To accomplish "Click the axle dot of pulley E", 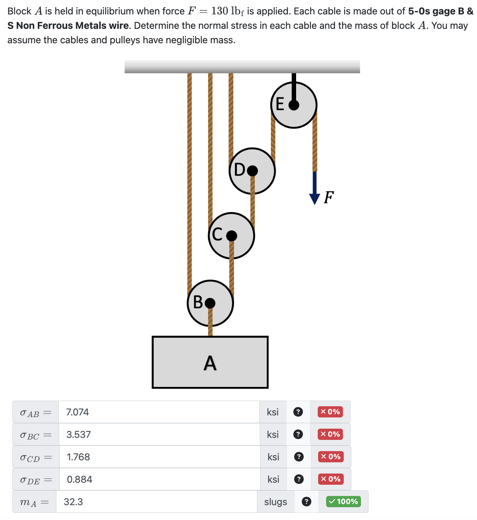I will coord(294,105).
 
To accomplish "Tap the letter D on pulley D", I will coord(240,170).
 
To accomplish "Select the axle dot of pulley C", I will coord(231,236).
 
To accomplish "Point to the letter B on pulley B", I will coord(198,302).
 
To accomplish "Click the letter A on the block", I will coord(210,363).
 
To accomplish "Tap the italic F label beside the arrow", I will coord(329,198).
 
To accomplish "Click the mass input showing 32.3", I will coord(156,502).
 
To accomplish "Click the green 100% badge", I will coord(343,502).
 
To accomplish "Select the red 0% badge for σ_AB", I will coord(330,412).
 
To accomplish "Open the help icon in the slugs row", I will coord(307,502).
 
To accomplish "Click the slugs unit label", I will coord(276,502).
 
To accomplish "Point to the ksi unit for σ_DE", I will coord(273,480).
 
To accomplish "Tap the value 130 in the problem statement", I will coord(220,11).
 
